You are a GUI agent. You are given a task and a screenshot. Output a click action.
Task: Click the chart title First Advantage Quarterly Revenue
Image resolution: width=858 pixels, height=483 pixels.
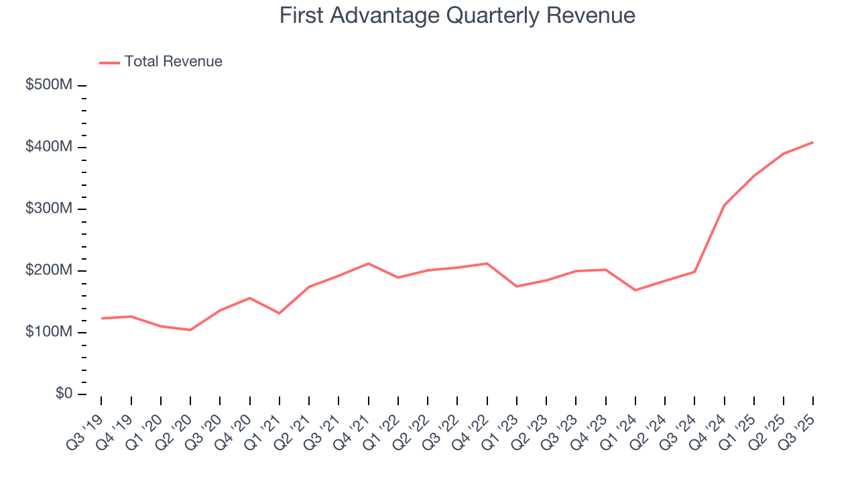click(457, 15)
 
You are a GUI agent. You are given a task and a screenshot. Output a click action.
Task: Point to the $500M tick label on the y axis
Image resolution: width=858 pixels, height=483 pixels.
click(49, 85)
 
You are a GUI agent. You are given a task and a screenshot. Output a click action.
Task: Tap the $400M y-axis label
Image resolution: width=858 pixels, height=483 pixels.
click(49, 147)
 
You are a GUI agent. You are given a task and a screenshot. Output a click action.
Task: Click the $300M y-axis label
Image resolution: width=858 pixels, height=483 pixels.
click(49, 209)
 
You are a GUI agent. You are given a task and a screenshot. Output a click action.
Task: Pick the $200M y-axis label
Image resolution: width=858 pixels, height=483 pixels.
click(49, 270)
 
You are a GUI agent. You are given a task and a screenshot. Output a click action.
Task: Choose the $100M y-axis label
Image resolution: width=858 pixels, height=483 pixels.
click(49, 332)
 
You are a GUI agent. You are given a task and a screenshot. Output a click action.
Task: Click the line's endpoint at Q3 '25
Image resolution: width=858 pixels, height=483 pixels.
click(813, 142)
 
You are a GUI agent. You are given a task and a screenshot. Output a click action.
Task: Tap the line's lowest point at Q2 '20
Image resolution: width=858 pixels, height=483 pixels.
click(190, 330)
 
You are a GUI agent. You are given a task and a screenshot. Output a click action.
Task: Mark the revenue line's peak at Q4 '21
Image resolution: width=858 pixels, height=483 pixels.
click(368, 264)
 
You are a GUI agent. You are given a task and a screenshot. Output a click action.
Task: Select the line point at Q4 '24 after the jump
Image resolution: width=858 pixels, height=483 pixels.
click(724, 205)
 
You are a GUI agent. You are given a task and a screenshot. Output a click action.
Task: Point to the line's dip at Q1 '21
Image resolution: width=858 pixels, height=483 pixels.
click(279, 313)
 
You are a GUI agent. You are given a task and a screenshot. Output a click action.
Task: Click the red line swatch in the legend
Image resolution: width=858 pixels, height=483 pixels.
click(109, 62)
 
